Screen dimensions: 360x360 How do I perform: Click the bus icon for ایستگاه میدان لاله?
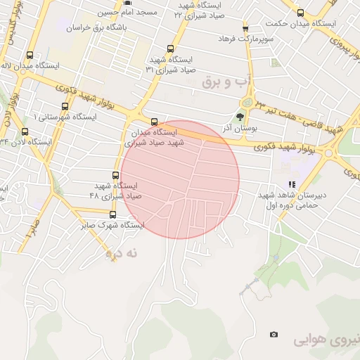point(30,55)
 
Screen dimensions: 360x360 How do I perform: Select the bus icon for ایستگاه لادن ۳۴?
point(26,131)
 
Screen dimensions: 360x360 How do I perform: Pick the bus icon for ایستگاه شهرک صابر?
point(112,214)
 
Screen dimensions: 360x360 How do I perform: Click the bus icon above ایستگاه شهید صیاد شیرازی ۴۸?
point(116,175)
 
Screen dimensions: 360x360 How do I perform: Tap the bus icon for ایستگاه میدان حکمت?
point(301,13)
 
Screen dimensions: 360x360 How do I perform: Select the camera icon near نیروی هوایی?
point(274,335)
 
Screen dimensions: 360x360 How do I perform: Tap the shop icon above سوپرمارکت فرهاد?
point(245,28)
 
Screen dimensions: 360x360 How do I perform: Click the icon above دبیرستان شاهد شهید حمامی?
point(292,184)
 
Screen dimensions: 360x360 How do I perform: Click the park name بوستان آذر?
point(241,129)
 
